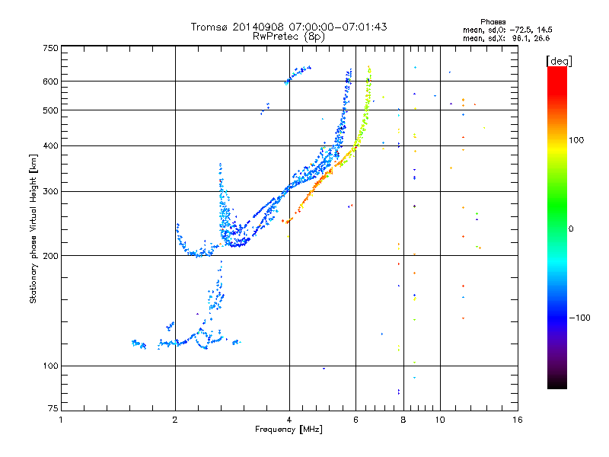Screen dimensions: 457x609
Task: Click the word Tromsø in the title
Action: pos(207,27)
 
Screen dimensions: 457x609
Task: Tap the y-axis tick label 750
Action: pos(49,47)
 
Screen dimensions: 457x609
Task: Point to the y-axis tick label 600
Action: pos(49,81)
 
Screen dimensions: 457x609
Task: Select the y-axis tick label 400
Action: pos(49,145)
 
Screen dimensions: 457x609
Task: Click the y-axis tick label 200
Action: pos(49,255)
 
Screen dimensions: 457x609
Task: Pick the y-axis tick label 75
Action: pos(52,410)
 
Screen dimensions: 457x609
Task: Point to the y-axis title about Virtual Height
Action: pos(33,228)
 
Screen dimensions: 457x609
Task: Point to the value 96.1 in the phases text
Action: pos(520,37)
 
